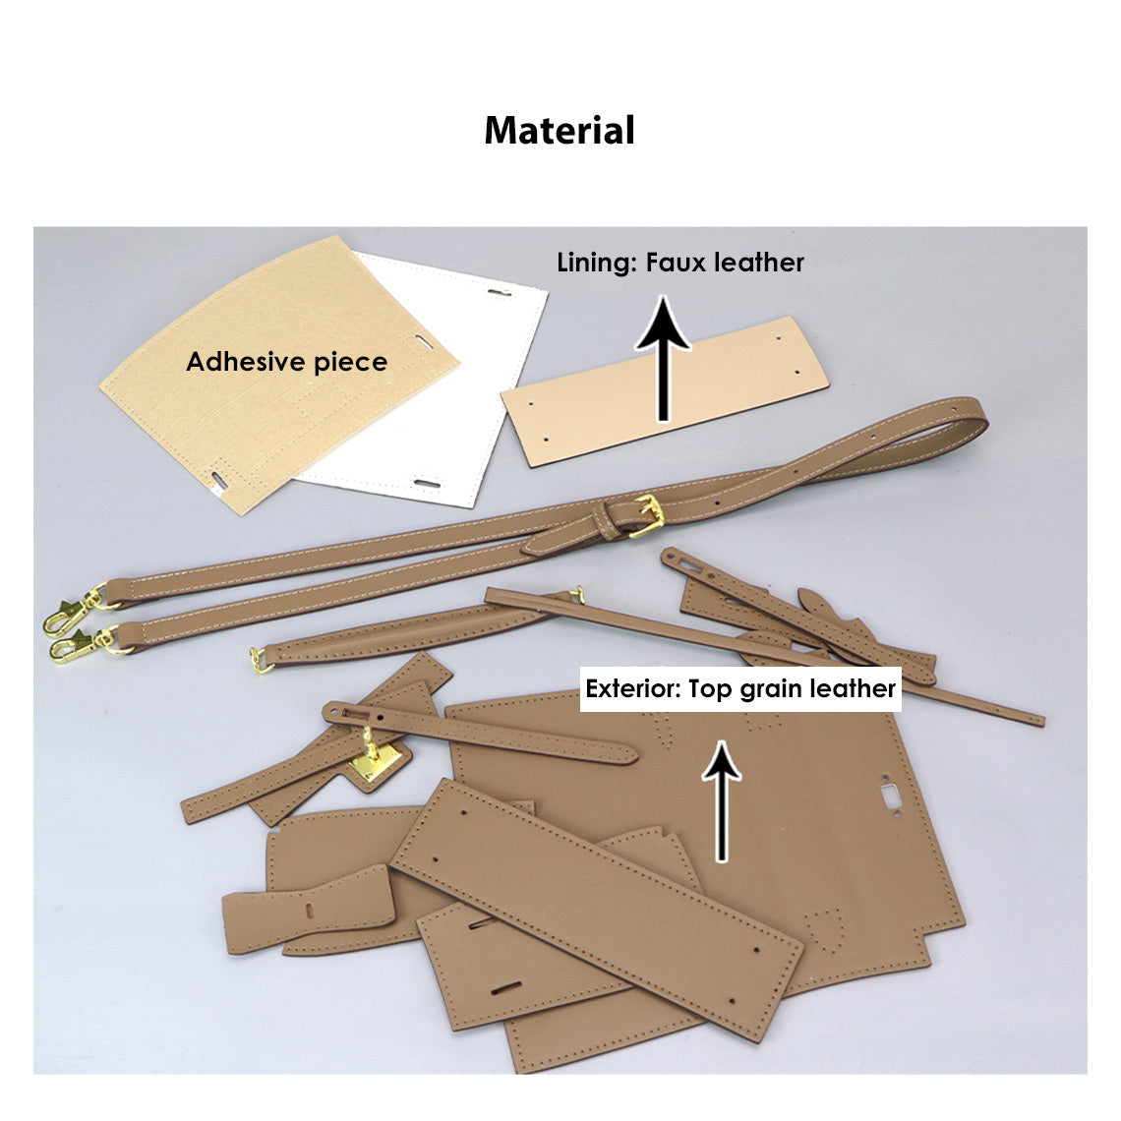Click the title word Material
pyautogui.click(x=560, y=131)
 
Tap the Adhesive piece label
pyautogui.click(x=286, y=362)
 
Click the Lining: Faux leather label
pyautogui.click(x=680, y=263)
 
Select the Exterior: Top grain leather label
pyautogui.click(x=740, y=688)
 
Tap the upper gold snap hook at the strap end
pyautogui.click(x=71, y=611)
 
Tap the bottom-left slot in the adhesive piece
pyautogui.click(x=215, y=479)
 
